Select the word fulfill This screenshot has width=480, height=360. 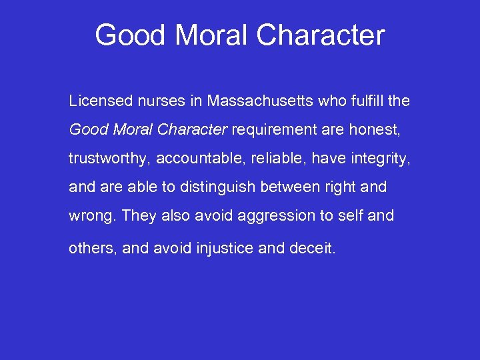point(365,101)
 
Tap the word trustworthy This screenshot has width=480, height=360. point(108,159)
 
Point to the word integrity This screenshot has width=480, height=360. point(377,159)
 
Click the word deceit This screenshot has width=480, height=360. point(313,249)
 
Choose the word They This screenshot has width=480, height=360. point(138,216)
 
